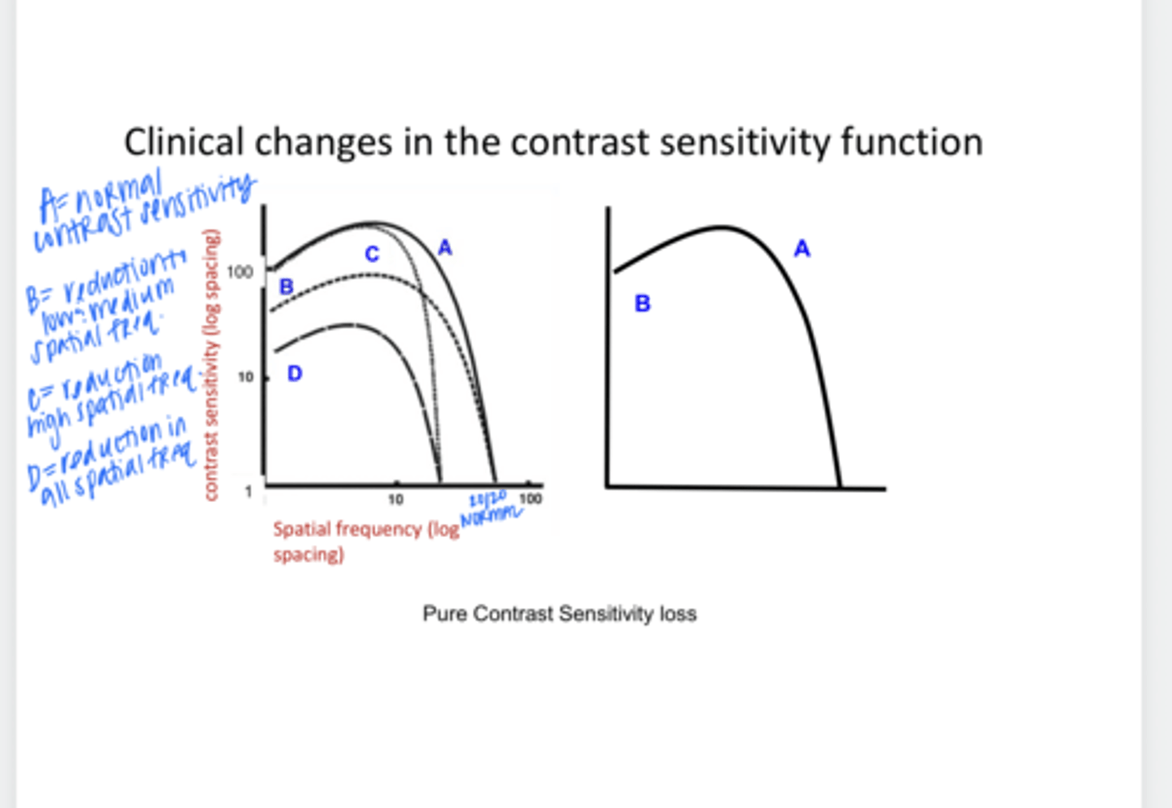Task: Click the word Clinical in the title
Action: click(x=183, y=142)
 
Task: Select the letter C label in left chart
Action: click(x=372, y=254)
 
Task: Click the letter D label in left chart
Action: click(x=295, y=373)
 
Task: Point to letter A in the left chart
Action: click(x=444, y=247)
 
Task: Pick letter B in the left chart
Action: click(x=286, y=286)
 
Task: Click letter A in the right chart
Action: click(x=802, y=249)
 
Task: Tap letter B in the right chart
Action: click(x=642, y=304)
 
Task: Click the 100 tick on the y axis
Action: click(x=240, y=272)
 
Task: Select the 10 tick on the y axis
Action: click(x=245, y=378)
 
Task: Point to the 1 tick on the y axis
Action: click(x=248, y=491)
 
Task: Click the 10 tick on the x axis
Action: click(x=395, y=499)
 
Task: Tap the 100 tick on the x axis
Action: click(x=530, y=498)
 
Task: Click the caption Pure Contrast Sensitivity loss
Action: click(x=559, y=614)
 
